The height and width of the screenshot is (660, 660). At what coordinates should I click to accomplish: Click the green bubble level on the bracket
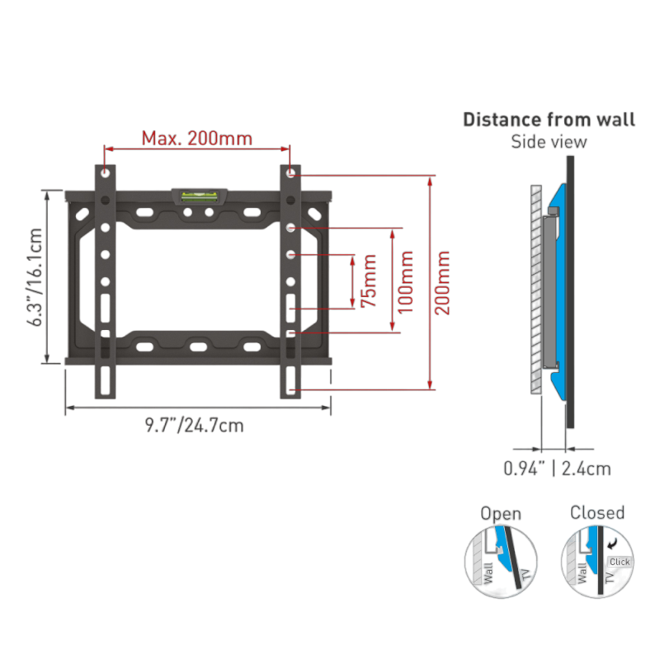pyautogui.click(x=198, y=196)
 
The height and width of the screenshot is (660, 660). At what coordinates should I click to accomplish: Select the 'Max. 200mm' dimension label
pyautogui.click(x=196, y=137)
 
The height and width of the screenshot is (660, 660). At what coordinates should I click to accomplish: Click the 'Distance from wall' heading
pyautogui.click(x=549, y=120)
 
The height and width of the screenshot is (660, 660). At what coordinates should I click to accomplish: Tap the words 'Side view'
pyautogui.click(x=549, y=143)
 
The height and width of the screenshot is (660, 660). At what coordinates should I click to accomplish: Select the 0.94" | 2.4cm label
pyautogui.click(x=558, y=469)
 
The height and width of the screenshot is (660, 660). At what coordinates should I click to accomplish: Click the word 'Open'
pyautogui.click(x=501, y=514)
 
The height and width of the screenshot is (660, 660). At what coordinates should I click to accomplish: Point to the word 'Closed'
pyautogui.click(x=597, y=512)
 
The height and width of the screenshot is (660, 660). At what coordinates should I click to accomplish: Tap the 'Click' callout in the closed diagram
pyautogui.click(x=619, y=562)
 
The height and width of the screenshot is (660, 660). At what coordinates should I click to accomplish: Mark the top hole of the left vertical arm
pyautogui.click(x=106, y=173)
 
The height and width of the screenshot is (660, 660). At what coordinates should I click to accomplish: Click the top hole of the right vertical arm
pyautogui.click(x=291, y=173)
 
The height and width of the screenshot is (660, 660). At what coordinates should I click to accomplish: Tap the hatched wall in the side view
pyautogui.click(x=535, y=289)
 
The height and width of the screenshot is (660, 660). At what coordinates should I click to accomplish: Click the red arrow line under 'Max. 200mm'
pyautogui.click(x=198, y=148)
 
